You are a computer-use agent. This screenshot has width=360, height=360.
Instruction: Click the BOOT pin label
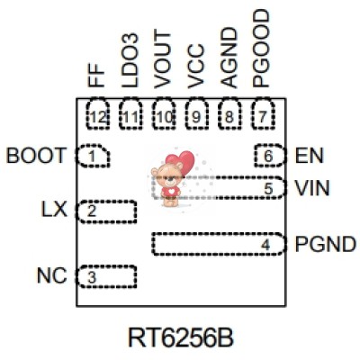click(35, 156)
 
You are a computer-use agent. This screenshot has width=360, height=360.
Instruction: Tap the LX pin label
click(55, 210)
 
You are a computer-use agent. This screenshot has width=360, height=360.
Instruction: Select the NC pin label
click(50, 275)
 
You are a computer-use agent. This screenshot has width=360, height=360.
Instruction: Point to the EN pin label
click(308, 156)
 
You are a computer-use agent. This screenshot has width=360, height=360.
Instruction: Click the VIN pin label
click(311, 188)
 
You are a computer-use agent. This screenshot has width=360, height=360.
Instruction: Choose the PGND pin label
click(321, 244)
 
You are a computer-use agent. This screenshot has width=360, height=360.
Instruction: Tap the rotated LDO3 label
click(131, 64)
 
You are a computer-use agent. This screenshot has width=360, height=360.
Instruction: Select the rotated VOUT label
click(164, 62)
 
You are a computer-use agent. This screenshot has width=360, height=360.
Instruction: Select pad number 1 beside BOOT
click(92, 157)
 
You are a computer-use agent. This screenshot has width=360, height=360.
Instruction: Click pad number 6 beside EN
click(267, 156)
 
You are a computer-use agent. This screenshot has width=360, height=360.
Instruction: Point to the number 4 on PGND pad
click(265, 244)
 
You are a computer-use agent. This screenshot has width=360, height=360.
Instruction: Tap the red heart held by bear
click(184, 163)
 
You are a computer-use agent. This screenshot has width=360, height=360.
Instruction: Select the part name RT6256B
click(180, 337)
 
